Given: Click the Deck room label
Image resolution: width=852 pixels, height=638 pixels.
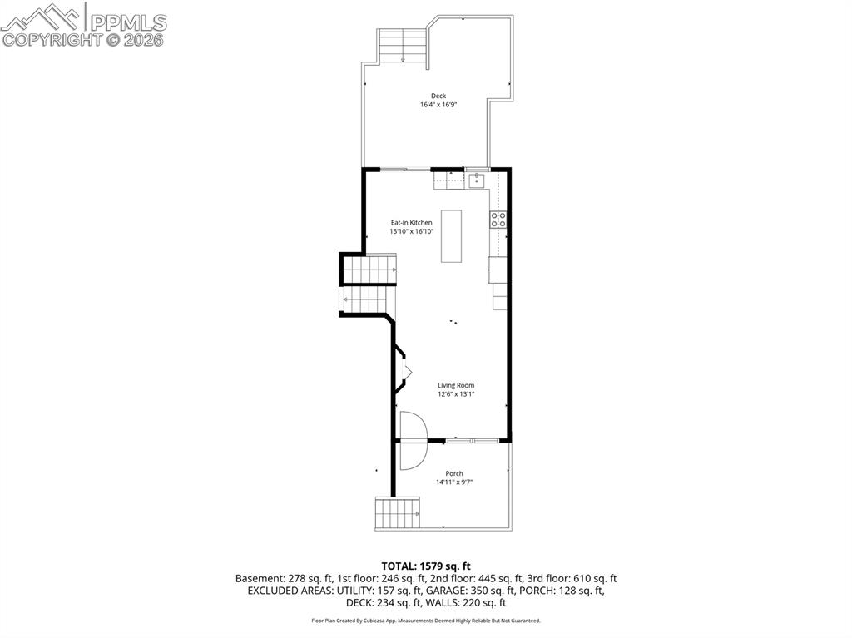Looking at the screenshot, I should (438, 96).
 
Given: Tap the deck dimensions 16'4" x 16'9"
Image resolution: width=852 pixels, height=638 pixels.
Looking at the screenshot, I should (438, 105).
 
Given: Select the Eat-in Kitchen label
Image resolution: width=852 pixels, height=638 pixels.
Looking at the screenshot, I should (412, 222).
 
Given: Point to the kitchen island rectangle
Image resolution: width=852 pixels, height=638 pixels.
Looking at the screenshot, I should (451, 236).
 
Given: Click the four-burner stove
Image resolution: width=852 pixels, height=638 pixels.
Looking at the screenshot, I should (498, 220).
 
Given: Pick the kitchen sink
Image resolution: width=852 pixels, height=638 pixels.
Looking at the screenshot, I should (477, 180).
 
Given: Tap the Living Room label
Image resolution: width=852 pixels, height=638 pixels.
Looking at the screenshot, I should (456, 385).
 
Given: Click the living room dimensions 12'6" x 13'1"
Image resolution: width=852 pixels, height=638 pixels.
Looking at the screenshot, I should (456, 394).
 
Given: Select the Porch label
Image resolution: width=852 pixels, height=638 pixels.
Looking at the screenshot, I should (453, 473).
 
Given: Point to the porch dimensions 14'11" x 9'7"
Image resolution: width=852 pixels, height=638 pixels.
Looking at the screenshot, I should (453, 482).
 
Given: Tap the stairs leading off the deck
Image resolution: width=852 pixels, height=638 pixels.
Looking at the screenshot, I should (404, 47).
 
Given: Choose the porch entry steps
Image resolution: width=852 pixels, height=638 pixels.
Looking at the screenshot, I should (397, 513).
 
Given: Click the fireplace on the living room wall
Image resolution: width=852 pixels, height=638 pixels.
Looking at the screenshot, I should (404, 371).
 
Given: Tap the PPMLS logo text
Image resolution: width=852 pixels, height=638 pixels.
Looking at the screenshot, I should (127, 22).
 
